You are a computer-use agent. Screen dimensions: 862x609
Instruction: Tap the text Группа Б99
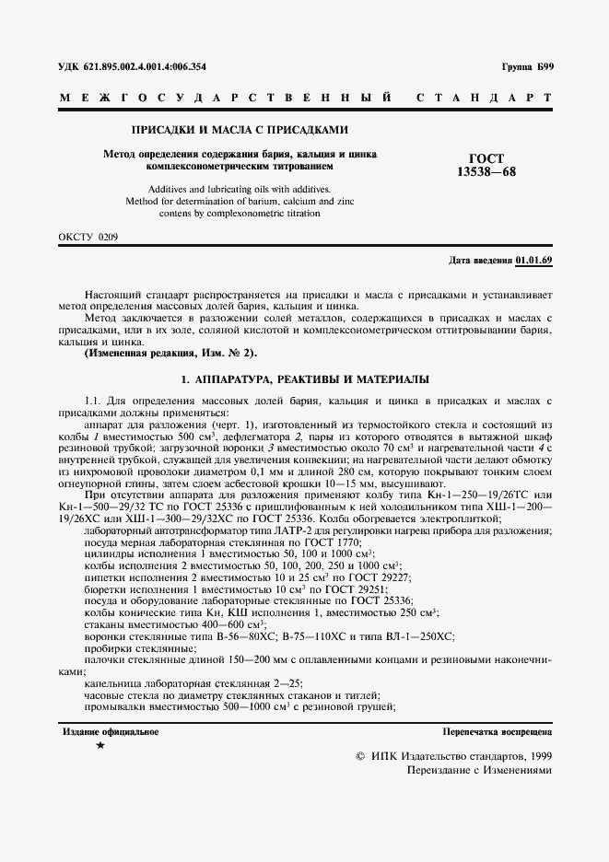pyautogui.click(x=527, y=67)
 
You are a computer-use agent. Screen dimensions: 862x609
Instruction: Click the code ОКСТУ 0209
pyautogui.click(x=88, y=237)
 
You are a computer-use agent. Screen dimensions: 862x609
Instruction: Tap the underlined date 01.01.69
pyautogui.click(x=534, y=261)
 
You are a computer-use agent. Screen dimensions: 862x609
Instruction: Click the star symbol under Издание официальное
pyautogui.click(x=100, y=744)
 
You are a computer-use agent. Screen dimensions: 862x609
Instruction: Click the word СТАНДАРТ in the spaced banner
pyautogui.click(x=485, y=97)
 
